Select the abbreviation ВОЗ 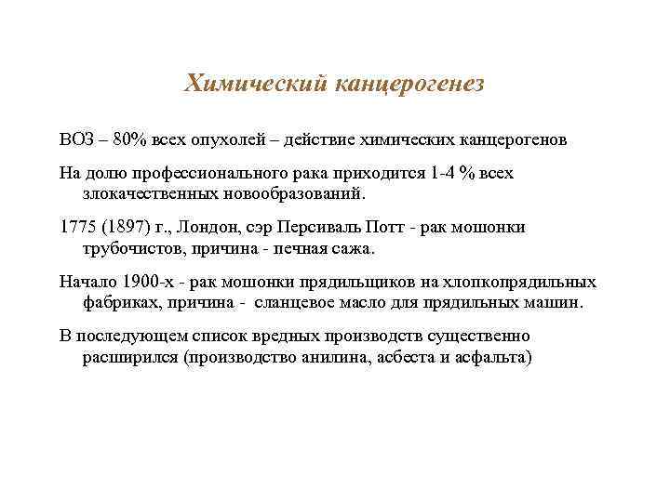(75, 139)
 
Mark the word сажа (351, 249)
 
